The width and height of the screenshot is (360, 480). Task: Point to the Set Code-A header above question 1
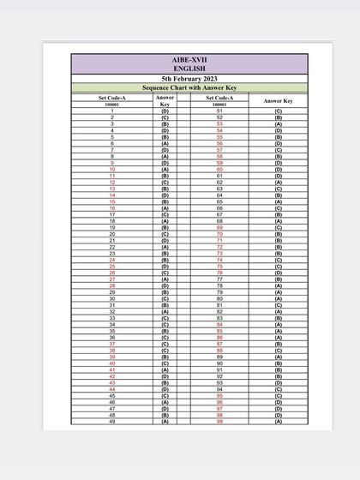click(x=112, y=98)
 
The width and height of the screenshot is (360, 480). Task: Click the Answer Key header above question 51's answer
click(x=278, y=101)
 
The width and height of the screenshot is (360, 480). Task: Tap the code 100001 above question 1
click(x=112, y=105)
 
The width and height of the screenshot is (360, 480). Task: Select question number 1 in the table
click(x=112, y=111)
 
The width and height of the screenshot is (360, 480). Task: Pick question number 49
click(x=112, y=422)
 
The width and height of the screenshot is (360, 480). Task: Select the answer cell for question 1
click(x=165, y=111)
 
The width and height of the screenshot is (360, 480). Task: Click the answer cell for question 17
click(x=165, y=215)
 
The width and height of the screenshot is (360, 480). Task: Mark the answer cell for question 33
click(x=165, y=318)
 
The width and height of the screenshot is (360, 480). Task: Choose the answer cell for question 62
click(x=278, y=183)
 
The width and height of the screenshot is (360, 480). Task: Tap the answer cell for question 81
click(x=278, y=305)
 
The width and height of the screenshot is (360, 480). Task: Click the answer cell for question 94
click(x=278, y=389)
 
